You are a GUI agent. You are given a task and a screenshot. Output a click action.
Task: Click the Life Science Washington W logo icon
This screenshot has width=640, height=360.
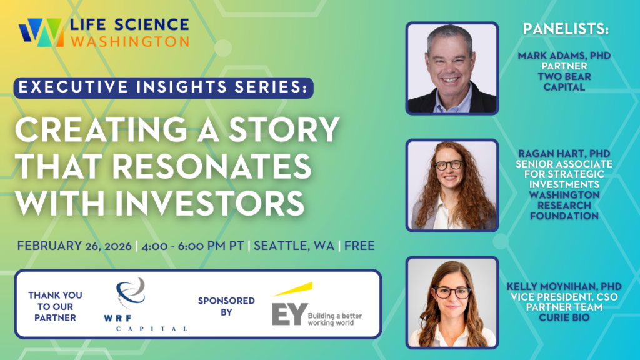(41, 32)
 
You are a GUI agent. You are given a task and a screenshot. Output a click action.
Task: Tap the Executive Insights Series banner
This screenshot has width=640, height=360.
(163, 87)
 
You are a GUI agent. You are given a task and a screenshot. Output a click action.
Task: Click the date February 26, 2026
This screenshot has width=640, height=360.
(74, 246)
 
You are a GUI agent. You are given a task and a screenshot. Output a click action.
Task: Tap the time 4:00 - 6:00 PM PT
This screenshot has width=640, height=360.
(192, 246)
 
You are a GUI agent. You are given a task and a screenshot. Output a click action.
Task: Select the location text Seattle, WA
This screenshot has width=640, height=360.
(294, 246)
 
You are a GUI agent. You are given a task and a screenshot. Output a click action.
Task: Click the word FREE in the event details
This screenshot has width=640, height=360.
(359, 246)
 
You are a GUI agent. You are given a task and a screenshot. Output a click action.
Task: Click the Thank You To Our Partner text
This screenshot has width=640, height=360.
(55, 306)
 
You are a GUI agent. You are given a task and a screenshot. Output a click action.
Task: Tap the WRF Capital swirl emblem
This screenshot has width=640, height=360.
(131, 292)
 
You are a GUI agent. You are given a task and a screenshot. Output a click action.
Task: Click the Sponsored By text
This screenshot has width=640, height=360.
(226, 306)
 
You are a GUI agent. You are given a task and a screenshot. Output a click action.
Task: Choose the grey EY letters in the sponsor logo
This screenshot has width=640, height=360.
(289, 314)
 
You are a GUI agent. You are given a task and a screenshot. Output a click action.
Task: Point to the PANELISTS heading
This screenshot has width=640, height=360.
(565, 29)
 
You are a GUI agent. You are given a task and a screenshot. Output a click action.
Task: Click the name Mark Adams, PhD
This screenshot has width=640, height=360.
(564, 56)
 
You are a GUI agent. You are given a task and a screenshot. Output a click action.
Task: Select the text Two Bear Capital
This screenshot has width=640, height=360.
(564, 82)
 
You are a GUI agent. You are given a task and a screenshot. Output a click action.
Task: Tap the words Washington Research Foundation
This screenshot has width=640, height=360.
(564, 205)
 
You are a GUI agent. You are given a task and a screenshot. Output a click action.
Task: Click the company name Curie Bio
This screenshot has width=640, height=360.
(564, 317)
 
